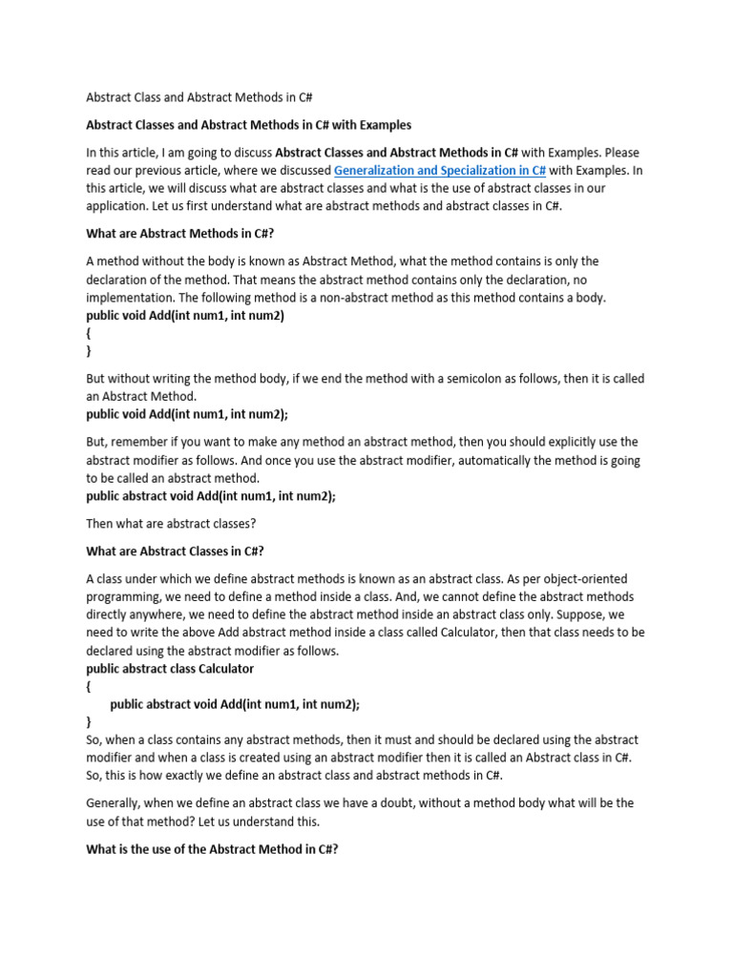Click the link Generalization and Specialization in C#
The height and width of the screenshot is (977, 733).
tap(440, 170)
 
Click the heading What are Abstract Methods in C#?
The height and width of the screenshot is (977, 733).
tap(180, 233)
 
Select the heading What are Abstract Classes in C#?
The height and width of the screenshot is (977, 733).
tap(175, 551)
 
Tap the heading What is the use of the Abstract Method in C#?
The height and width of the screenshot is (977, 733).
tap(212, 848)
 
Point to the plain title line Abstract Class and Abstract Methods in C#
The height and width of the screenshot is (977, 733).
tap(200, 97)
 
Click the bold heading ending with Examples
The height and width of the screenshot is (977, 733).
tap(249, 124)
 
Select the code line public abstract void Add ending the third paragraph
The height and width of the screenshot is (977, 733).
tap(211, 496)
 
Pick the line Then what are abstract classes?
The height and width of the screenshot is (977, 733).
tap(172, 524)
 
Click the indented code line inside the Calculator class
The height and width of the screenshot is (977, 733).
tap(235, 703)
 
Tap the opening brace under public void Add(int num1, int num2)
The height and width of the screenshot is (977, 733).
tap(89, 333)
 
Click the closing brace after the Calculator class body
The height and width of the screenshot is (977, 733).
tap(89, 721)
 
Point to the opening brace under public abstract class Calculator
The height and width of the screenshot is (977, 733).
tap(89, 686)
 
